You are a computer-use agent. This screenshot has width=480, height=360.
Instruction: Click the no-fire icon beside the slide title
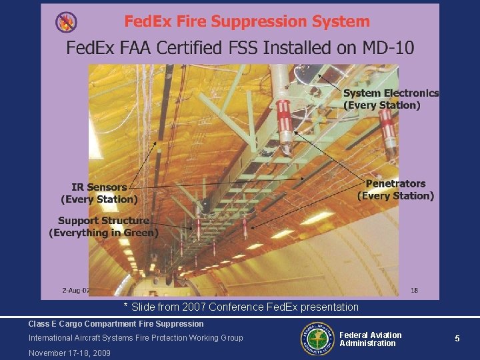pos(66,22)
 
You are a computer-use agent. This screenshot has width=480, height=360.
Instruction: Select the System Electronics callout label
pos(391,99)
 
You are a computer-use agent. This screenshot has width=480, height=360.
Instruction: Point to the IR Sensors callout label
pos(99,193)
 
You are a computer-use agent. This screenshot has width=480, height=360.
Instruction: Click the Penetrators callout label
pos(395,189)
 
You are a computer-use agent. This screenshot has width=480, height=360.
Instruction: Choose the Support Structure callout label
pos(103,227)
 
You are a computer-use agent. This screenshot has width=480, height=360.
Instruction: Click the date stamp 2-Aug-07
pos(76,291)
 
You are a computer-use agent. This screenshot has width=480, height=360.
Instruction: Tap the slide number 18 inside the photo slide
pos(414,291)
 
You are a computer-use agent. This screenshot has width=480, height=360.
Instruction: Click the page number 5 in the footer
pos(457,339)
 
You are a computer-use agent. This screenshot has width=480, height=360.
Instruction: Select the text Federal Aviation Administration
pos(370,339)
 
